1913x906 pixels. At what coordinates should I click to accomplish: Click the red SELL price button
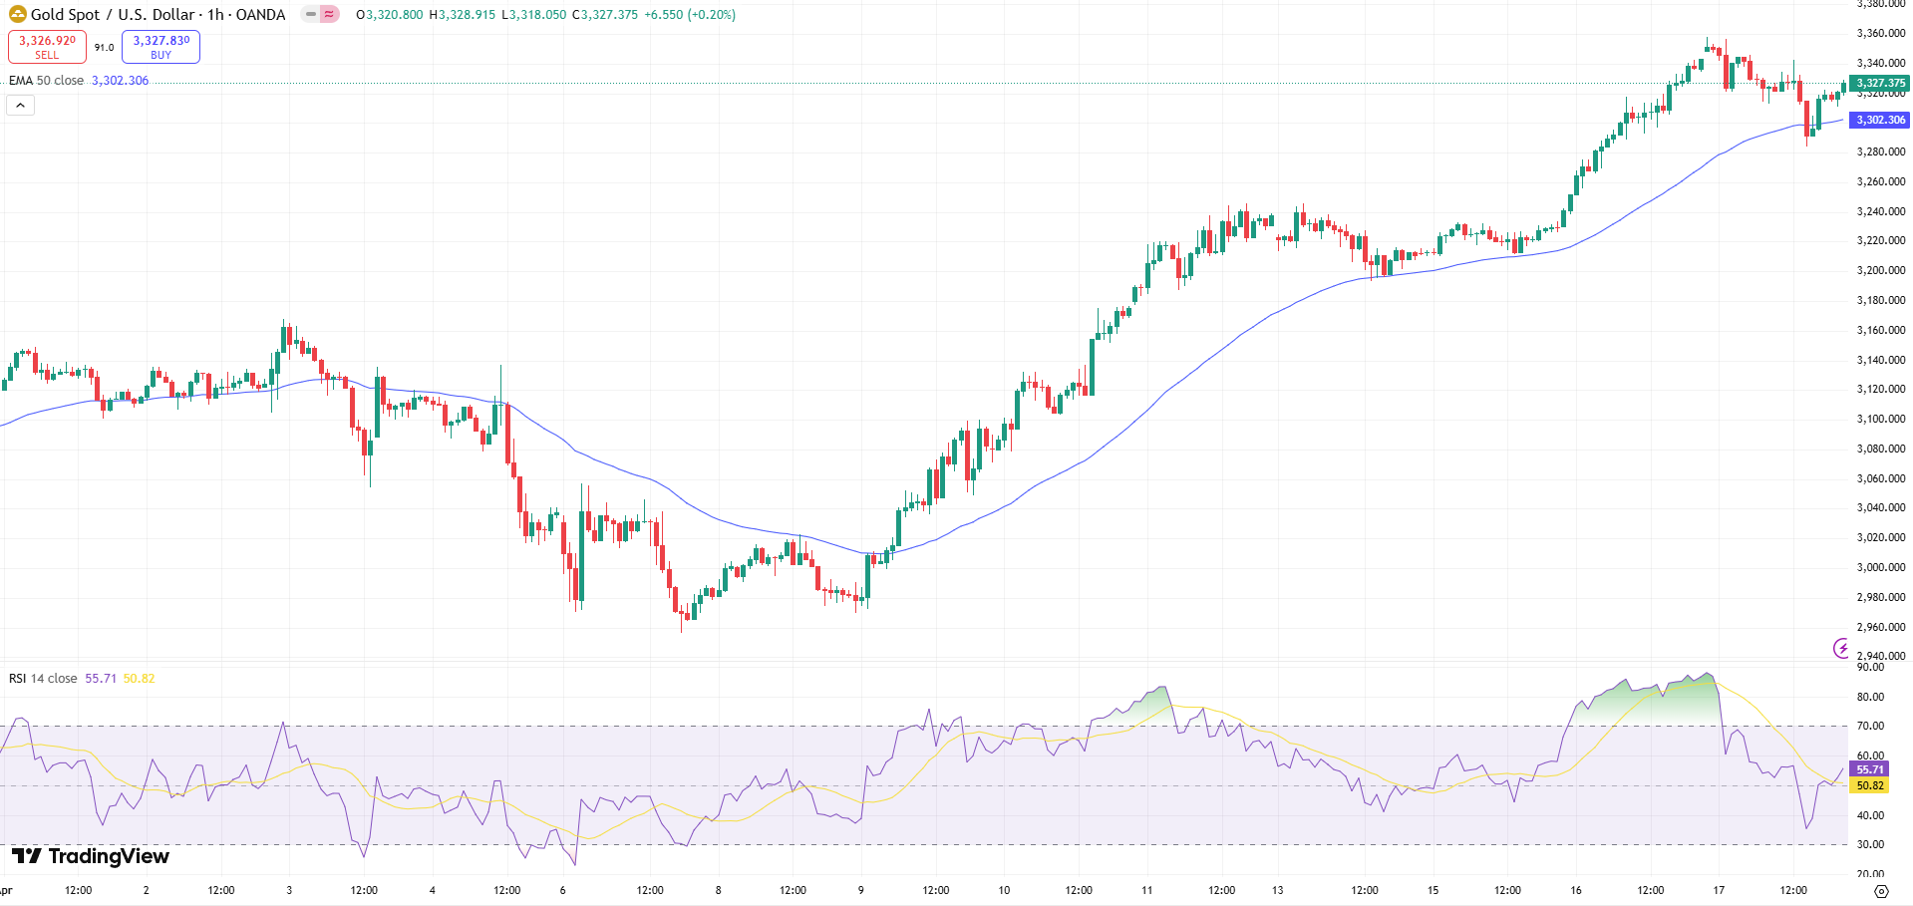coord(47,47)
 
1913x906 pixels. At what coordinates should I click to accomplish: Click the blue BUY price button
coord(160,47)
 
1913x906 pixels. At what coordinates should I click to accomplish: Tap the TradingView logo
coord(90,856)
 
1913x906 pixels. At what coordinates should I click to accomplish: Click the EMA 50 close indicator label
coord(46,81)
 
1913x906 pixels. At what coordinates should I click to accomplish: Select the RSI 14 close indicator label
coord(43,679)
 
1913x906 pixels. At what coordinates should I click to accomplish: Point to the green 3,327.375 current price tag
coord(1879,83)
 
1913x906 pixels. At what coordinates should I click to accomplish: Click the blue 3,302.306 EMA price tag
coord(1879,120)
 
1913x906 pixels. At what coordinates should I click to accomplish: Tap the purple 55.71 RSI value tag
coord(1869,769)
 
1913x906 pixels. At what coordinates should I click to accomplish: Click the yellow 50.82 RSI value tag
coord(1869,785)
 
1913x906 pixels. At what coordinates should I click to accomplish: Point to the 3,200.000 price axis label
coord(1880,270)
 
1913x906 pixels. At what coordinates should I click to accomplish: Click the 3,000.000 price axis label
coord(1880,567)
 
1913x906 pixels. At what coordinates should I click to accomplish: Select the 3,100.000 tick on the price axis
coord(1880,419)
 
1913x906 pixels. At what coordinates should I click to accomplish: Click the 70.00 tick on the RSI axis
coord(1870,726)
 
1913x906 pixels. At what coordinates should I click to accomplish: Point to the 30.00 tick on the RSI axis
coord(1870,844)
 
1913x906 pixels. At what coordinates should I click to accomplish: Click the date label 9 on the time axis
coord(861,890)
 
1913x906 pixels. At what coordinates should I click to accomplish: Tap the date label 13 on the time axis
coord(1277,890)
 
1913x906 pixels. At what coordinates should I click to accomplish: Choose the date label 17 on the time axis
coord(1719,890)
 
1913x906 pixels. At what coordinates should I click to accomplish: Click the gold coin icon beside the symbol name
coord(17,14)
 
